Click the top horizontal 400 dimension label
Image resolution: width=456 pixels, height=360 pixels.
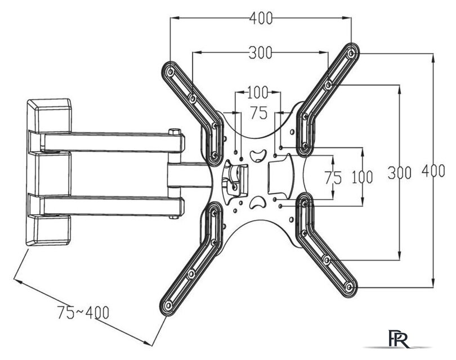pos(261,18)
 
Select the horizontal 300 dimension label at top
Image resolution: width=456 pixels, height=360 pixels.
pos(260,52)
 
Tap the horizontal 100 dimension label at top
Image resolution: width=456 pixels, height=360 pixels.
pos(257,92)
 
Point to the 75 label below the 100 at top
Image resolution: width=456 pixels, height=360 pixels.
pos(259,112)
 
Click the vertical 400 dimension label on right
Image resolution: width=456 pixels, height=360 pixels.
pos(433,170)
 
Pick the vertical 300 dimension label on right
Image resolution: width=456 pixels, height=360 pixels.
pos(399,173)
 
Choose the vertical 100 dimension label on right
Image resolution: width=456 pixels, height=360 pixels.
pos(362,177)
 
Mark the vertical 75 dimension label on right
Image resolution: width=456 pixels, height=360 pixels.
pos(333,178)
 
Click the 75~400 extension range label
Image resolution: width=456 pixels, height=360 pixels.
pos(83,312)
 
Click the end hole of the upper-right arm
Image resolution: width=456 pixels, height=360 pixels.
pos(352,53)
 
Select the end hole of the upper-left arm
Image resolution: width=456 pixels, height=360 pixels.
pos(170,71)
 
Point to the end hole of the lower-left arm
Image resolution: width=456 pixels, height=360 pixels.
pos(168,306)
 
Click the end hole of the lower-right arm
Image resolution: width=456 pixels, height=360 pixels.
pos(349,287)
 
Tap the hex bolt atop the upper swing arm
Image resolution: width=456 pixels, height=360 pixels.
pos(174,131)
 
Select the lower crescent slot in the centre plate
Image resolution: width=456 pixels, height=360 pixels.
pos(258,202)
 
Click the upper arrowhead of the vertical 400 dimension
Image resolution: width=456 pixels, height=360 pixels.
pos(433,57)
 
